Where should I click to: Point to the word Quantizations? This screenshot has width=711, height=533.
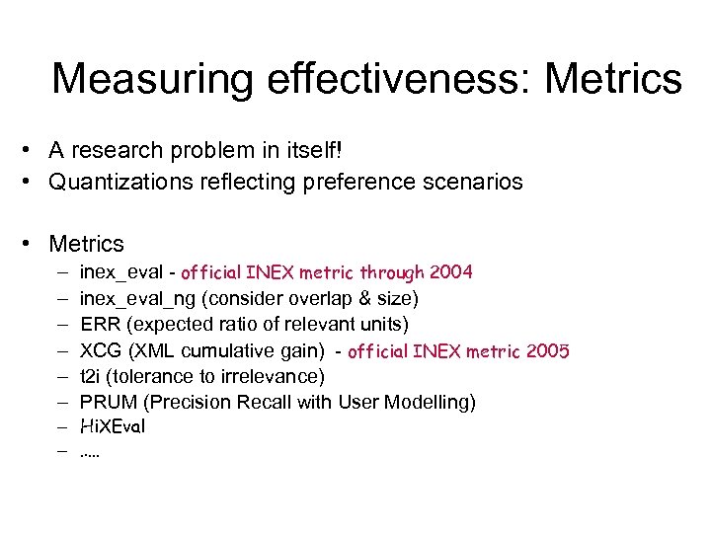[117, 183]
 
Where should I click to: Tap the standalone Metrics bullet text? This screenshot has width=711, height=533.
[87, 244]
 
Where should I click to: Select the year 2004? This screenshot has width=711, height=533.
[450, 271]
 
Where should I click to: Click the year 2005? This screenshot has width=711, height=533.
[546, 350]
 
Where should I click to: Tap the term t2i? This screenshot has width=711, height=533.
[92, 376]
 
